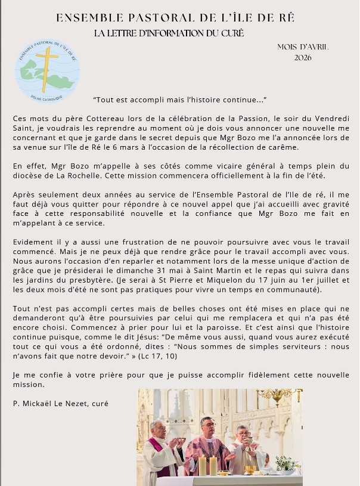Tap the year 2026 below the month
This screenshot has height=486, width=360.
(303, 58)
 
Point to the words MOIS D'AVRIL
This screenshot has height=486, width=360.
(303, 47)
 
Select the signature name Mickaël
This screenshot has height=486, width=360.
(45, 404)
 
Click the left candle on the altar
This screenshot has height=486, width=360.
(202, 465)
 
